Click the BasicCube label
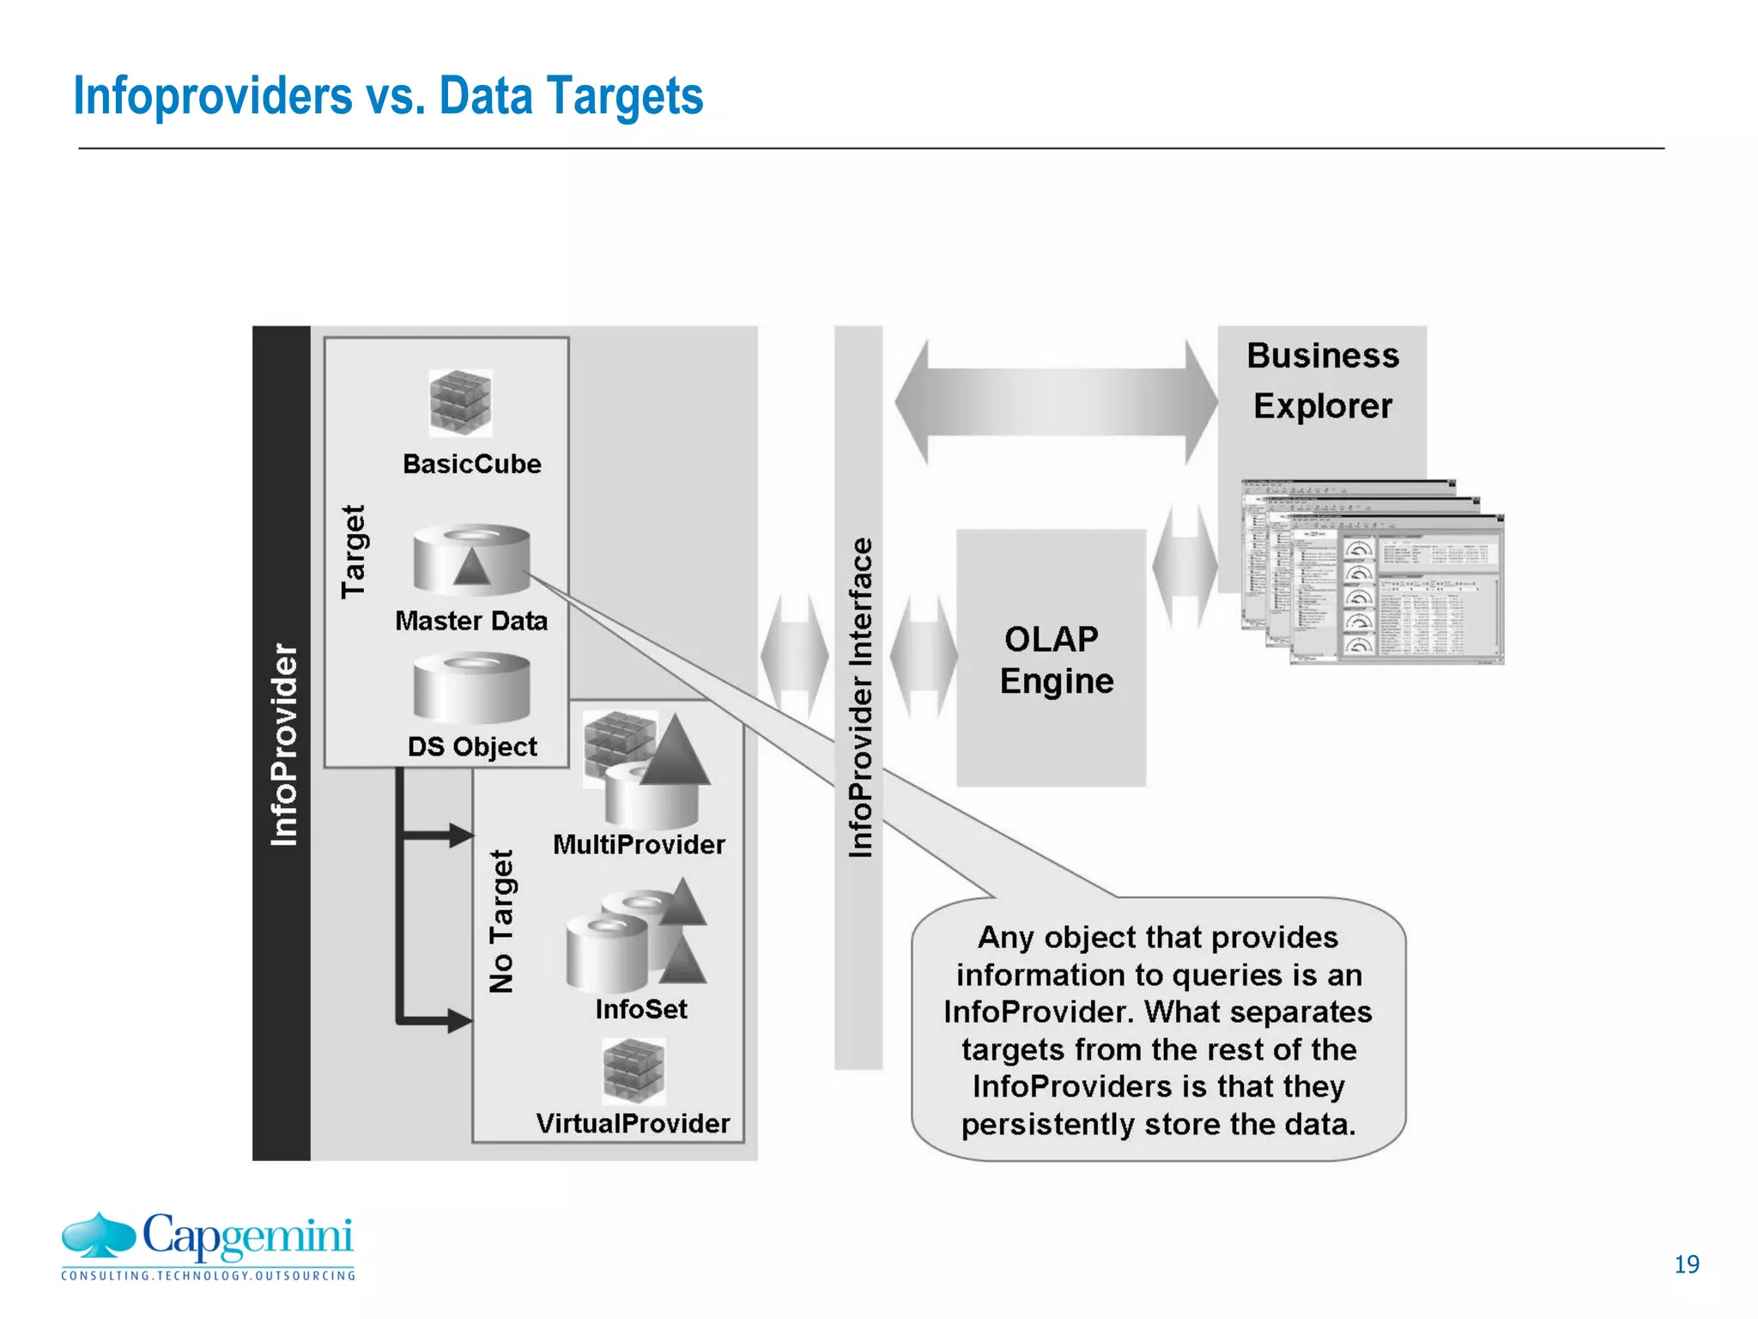[x=471, y=464]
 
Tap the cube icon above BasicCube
[x=461, y=403]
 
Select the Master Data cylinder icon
[x=471, y=560]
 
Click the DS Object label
[x=471, y=746]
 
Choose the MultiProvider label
[x=639, y=844]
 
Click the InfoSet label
[x=641, y=1008]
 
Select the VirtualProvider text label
[x=633, y=1123]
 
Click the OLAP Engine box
[x=1052, y=659]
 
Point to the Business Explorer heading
[x=1322, y=380]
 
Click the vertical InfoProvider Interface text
[x=859, y=697]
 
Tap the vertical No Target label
[x=501, y=921]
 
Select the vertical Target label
[x=354, y=551]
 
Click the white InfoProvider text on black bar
[x=283, y=744]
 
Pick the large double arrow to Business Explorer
[x=1056, y=402]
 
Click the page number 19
[x=1686, y=1264]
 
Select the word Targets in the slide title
[x=624, y=95]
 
